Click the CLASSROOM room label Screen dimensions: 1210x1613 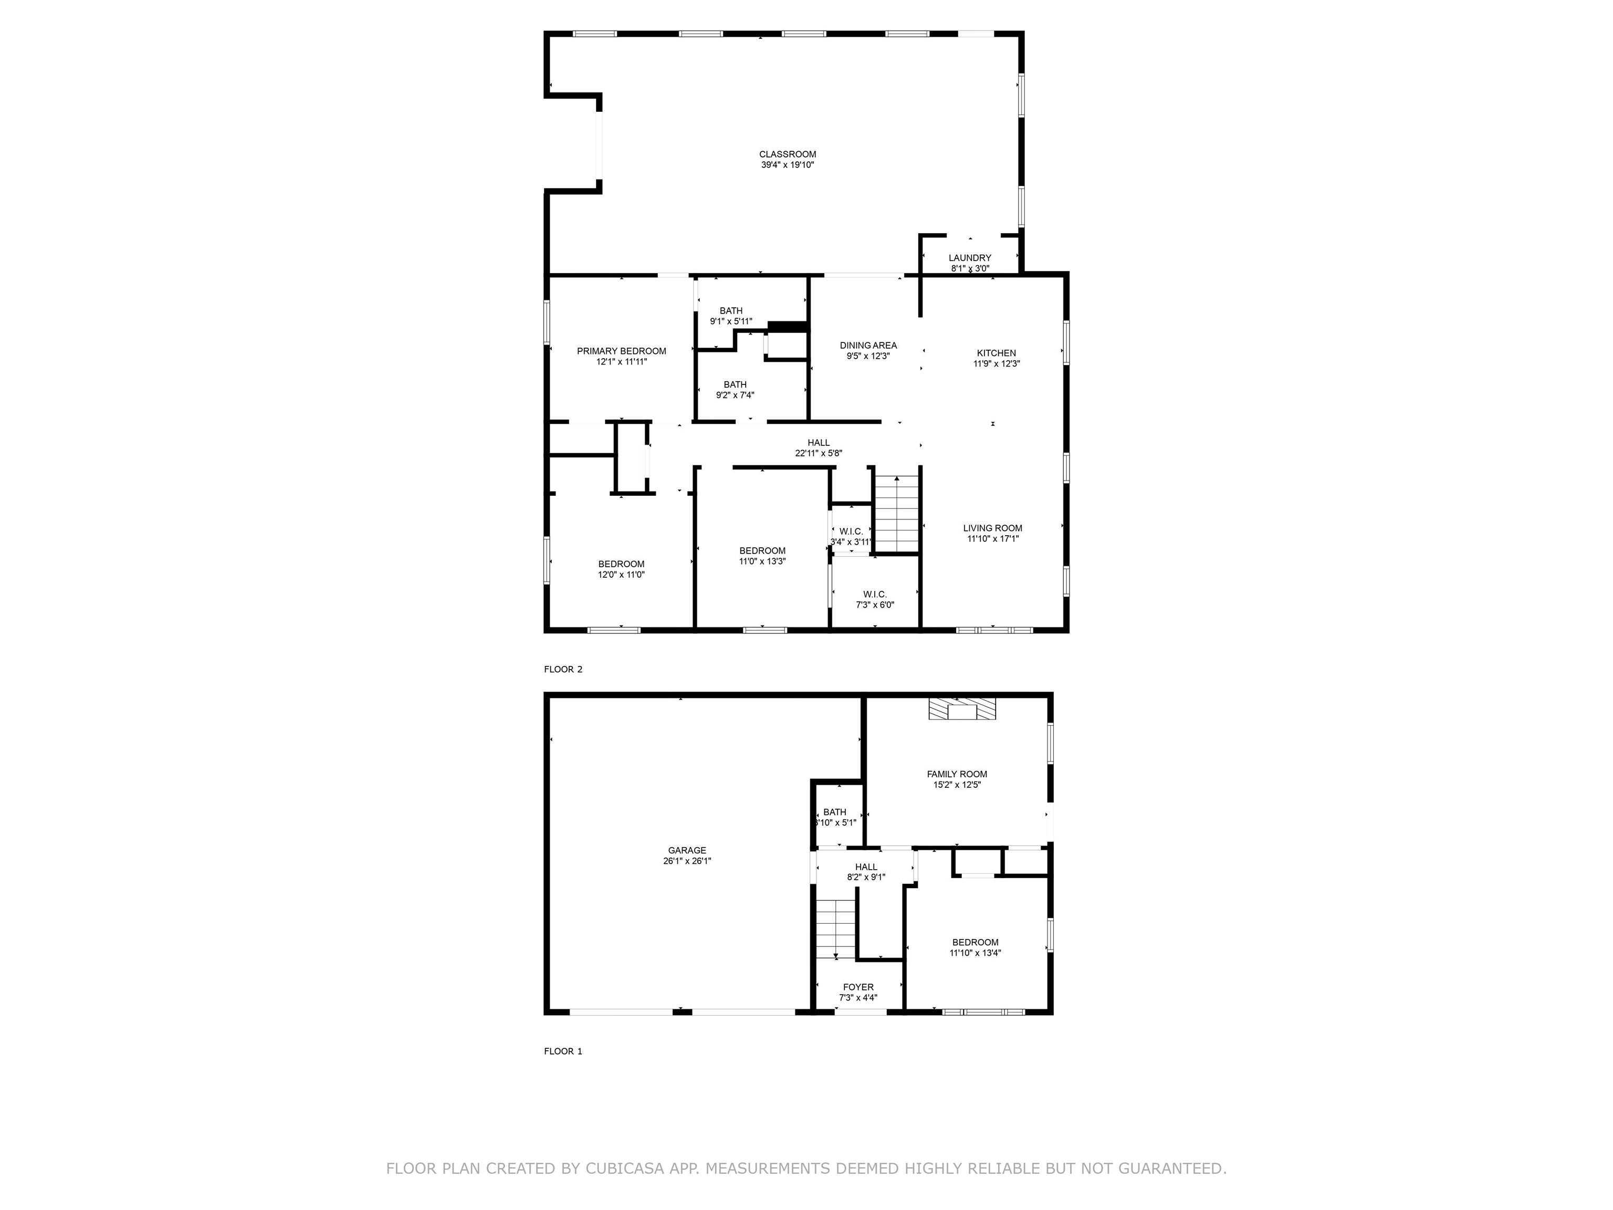(x=788, y=154)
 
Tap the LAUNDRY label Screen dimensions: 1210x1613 (x=970, y=257)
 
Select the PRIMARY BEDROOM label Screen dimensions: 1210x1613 (x=621, y=351)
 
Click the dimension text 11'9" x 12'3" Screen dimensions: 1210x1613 (x=996, y=364)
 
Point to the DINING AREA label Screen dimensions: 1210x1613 (x=868, y=346)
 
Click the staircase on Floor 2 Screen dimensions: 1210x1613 (x=897, y=514)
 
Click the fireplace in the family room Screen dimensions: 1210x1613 (x=962, y=710)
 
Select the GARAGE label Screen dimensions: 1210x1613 (x=687, y=850)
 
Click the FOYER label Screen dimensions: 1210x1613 (x=858, y=987)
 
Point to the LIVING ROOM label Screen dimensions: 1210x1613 (x=992, y=528)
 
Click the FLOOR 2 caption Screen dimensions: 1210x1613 (x=563, y=670)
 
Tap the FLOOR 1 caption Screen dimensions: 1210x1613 (x=563, y=1051)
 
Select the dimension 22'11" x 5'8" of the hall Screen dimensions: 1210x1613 (x=818, y=453)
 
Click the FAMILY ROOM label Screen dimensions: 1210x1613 (x=957, y=775)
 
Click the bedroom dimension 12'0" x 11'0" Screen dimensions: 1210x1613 (x=621, y=575)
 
